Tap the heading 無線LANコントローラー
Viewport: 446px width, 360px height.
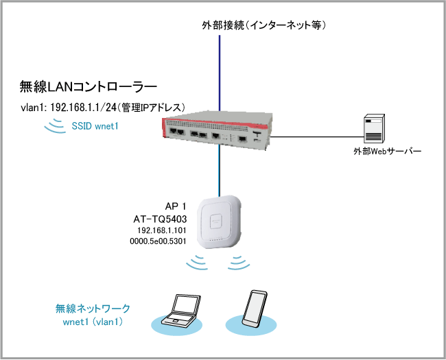tap(89, 87)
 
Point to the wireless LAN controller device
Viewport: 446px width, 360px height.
tap(217, 130)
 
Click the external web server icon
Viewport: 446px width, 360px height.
tap(375, 128)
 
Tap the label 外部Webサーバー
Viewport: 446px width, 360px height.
tap(382, 152)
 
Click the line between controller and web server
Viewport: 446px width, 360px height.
tap(316, 136)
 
